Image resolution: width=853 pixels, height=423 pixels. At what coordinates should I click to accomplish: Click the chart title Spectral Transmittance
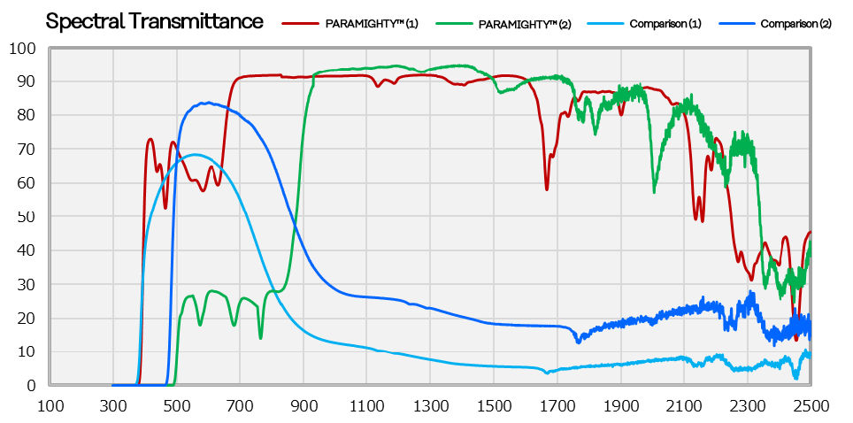tap(154, 21)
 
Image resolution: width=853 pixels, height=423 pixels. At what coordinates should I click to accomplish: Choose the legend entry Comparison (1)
tap(665, 24)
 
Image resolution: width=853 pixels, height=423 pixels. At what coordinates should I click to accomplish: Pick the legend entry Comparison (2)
tap(795, 24)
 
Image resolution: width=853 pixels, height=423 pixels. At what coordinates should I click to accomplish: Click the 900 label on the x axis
tap(304, 405)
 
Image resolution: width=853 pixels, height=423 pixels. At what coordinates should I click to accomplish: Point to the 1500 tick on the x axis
tap(494, 405)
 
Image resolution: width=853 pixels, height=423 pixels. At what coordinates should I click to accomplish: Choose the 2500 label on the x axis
tap(811, 405)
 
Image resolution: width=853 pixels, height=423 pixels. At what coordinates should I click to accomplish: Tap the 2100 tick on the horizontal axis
tap(684, 405)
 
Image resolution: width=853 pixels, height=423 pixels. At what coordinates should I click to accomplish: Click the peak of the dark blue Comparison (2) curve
tap(206, 103)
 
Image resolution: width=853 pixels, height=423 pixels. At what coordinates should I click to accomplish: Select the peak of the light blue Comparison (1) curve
tap(196, 155)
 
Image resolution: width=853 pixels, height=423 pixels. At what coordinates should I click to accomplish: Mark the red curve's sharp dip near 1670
tap(547, 188)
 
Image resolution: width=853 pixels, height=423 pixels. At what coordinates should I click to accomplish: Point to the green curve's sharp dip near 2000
tap(654, 191)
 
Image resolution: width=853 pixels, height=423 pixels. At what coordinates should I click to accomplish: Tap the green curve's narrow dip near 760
tap(260, 337)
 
